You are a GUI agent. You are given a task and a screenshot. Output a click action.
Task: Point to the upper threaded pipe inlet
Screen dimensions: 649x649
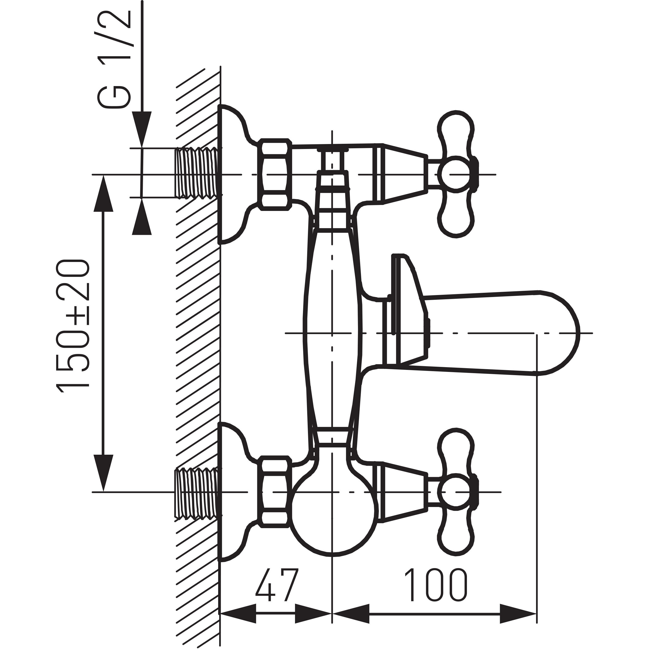(x=198, y=173)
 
